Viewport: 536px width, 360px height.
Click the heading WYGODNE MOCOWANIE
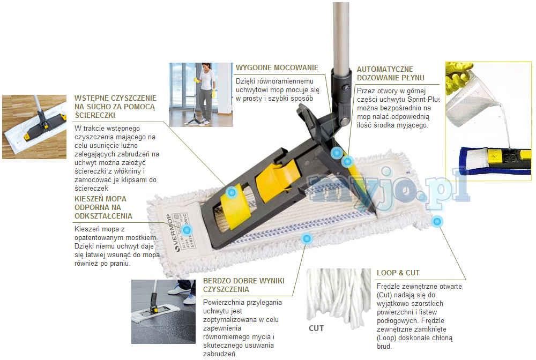click(277, 68)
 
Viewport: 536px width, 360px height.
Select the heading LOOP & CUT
click(398, 272)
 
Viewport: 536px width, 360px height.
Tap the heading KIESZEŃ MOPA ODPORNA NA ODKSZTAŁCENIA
click(102, 207)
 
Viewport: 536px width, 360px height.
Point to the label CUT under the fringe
click(316, 328)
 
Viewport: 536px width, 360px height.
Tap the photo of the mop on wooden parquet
click(34, 126)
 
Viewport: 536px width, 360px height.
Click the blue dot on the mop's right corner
click(437, 221)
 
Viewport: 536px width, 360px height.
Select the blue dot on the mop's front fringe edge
click(306, 238)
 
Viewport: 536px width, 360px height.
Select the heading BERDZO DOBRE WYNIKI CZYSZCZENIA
click(243, 285)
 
